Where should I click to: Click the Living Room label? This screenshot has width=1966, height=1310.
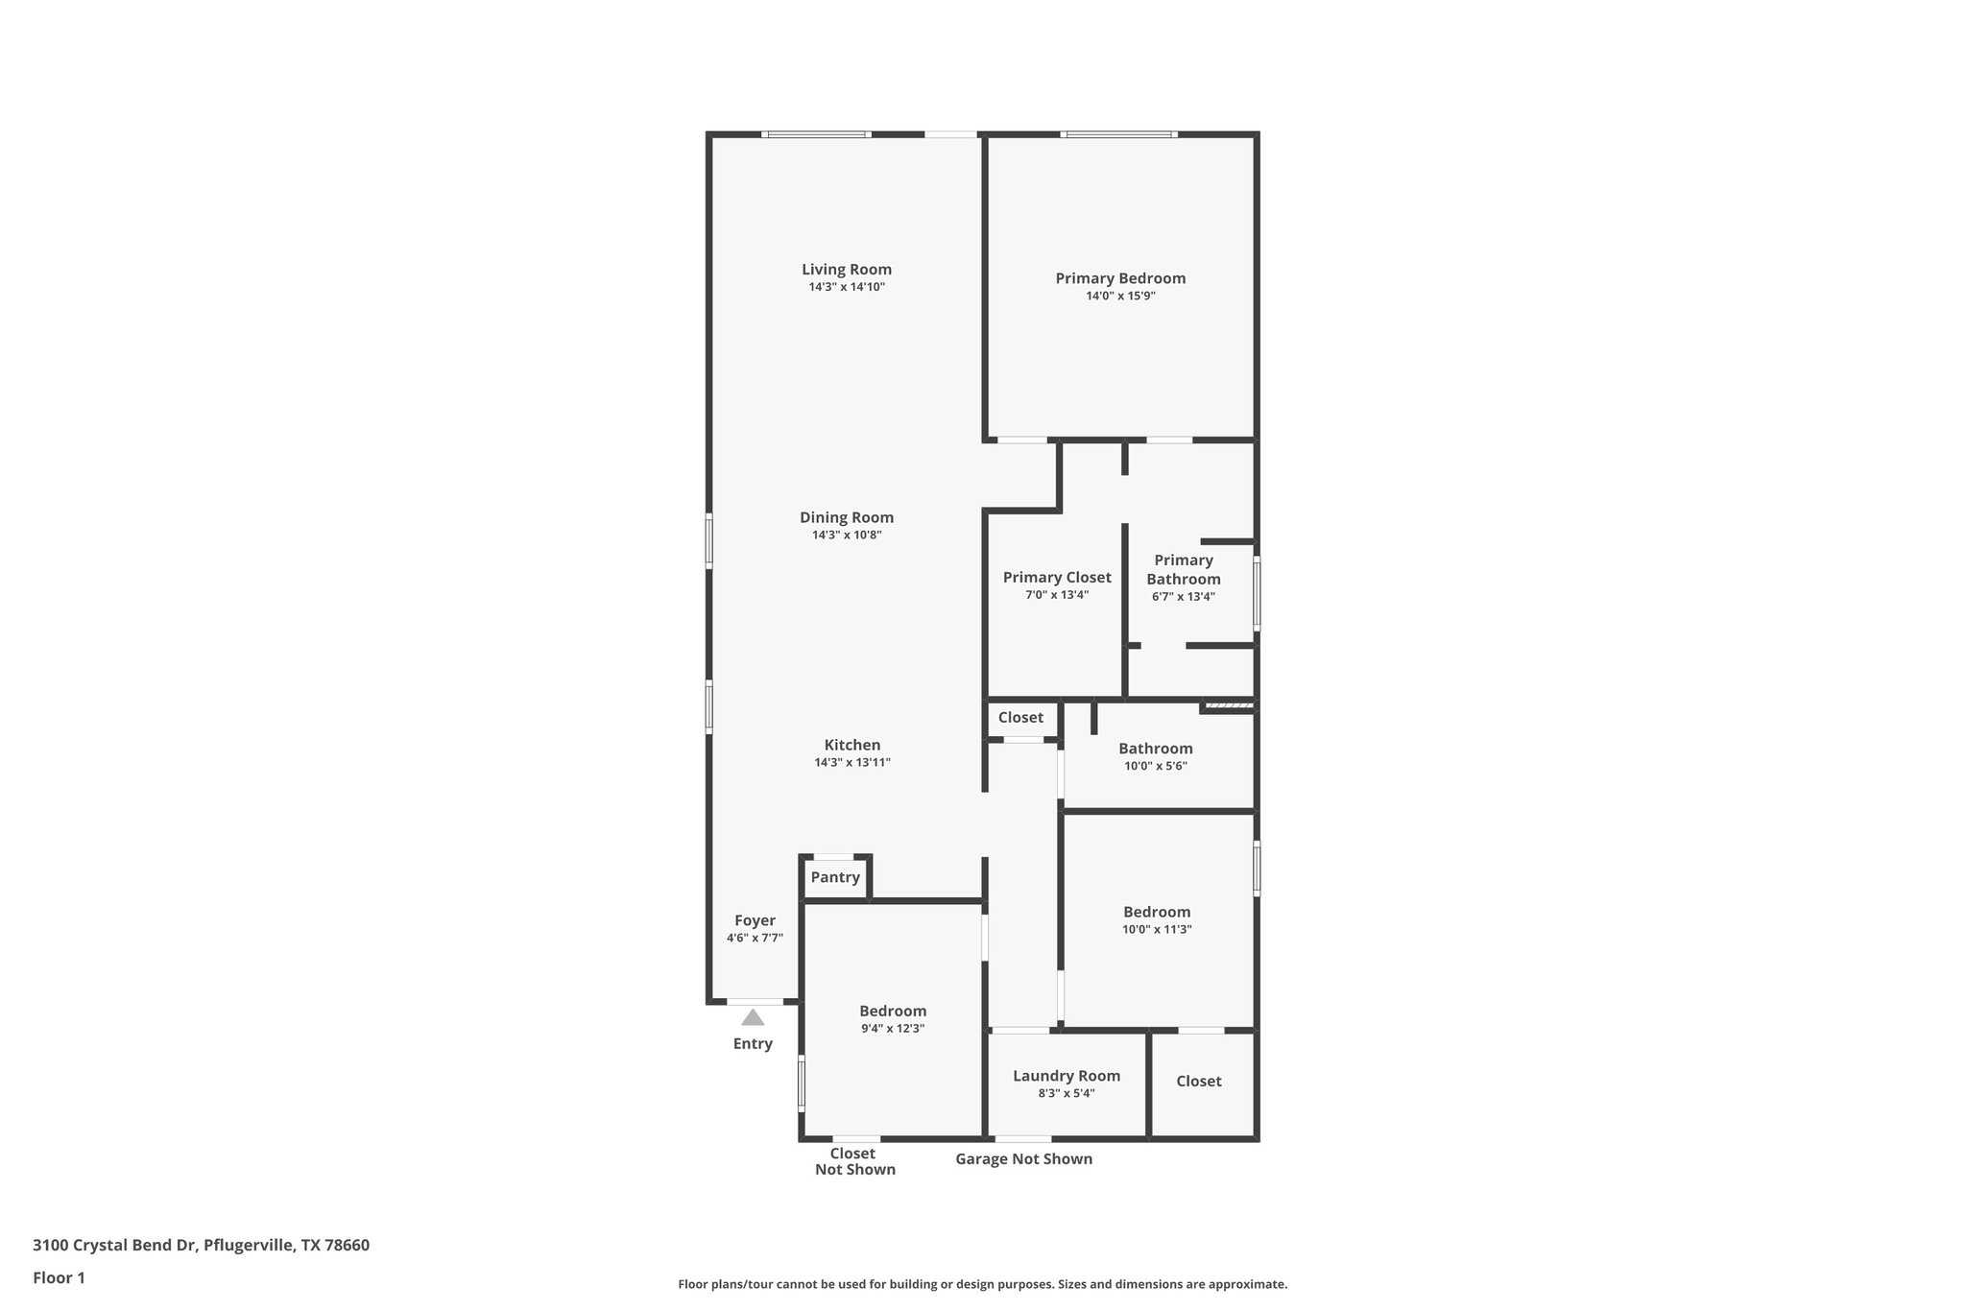(x=847, y=270)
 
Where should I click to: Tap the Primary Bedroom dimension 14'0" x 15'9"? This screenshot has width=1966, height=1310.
(x=1120, y=297)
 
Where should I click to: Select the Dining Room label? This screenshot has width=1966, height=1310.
(x=847, y=517)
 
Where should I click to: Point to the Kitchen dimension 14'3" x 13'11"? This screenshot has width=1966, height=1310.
(x=852, y=763)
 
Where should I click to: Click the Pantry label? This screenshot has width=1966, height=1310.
(x=835, y=877)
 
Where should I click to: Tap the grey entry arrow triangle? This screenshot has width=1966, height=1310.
(x=753, y=1017)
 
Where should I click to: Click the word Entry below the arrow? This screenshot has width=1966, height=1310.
(x=753, y=1044)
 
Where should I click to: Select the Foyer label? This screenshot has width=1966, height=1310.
(x=755, y=920)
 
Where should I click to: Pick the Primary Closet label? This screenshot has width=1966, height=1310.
(x=1057, y=577)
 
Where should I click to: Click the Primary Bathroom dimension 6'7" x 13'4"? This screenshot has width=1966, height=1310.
(x=1184, y=596)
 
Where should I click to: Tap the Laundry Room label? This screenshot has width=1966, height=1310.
(x=1067, y=1076)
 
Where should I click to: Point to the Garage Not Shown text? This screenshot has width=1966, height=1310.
(x=1023, y=1158)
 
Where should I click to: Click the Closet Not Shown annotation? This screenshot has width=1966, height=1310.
(x=854, y=1161)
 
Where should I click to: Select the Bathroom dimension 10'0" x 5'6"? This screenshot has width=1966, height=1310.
(x=1156, y=766)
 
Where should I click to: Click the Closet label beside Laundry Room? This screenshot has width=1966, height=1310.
(x=1199, y=1081)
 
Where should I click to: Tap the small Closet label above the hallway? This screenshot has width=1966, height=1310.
(x=1020, y=717)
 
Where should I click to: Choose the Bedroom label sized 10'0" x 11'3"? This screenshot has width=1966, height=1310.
(x=1157, y=912)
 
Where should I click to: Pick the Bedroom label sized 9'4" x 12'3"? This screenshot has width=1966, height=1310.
(x=893, y=1011)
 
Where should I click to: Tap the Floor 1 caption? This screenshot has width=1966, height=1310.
(x=59, y=1277)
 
